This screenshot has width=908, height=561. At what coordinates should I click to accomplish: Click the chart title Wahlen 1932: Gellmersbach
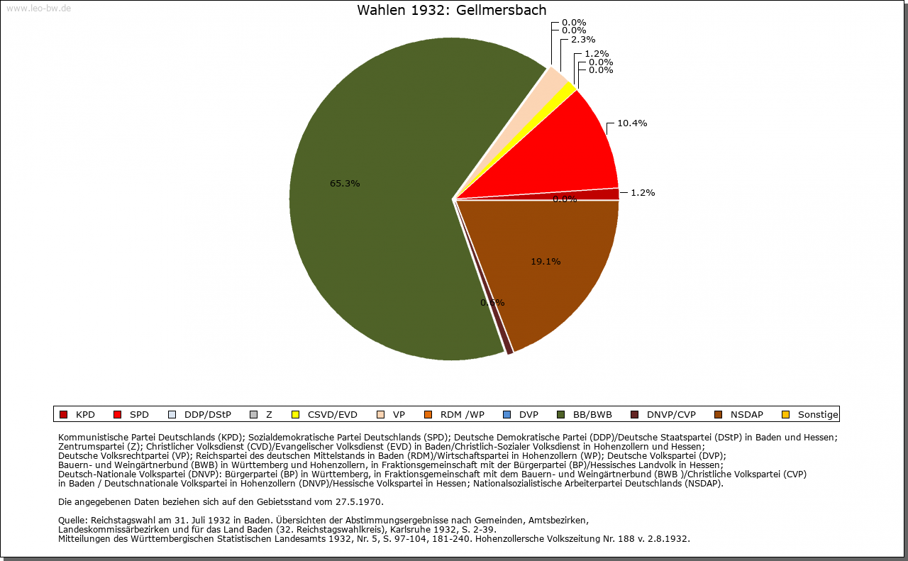tap(452, 10)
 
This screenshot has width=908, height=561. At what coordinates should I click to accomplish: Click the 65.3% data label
tap(345, 184)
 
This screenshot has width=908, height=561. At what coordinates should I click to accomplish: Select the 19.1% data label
tap(546, 262)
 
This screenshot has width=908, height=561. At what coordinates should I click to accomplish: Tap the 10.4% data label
tap(631, 123)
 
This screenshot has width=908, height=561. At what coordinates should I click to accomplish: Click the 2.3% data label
tap(582, 40)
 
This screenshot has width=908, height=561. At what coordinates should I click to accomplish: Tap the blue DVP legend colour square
tap(506, 415)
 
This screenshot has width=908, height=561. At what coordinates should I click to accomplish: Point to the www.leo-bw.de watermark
tap(38, 9)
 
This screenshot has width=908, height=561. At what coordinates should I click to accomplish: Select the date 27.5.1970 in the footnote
tap(359, 502)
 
